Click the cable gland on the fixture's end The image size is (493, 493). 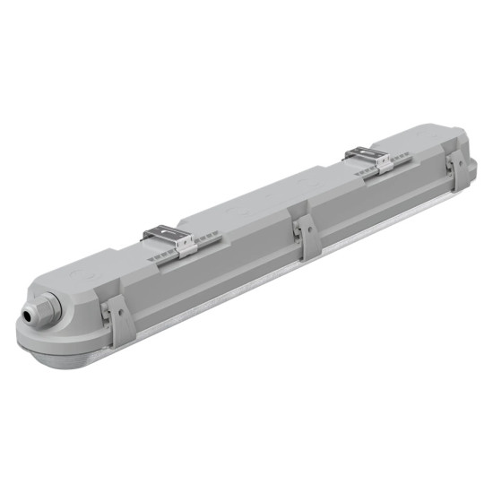point(39,308)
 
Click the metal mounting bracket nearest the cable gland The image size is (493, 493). point(175,239)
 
